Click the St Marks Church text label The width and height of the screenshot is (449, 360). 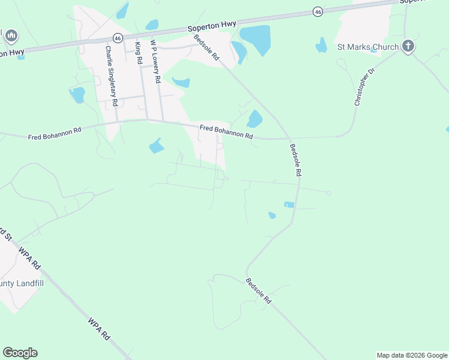coord(367,47)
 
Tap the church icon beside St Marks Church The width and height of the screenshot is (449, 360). coord(408,46)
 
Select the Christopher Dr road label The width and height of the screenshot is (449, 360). coord(364,87)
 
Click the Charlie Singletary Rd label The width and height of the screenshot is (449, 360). coord(112,76)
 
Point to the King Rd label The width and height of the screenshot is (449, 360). coord(139,53)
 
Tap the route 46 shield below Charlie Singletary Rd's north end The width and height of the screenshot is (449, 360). coord(118,38)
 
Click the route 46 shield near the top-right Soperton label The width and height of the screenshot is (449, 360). coord(318,11)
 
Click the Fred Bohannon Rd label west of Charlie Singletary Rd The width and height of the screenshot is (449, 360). coord(54,133)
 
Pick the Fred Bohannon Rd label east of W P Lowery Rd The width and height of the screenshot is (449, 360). coord(226,131)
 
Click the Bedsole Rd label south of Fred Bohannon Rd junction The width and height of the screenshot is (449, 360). coord(294,159)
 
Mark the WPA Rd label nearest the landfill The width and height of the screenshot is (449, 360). coord(29,257)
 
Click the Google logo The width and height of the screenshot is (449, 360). coord(20,353)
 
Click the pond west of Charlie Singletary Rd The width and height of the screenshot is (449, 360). coord(77,95)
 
